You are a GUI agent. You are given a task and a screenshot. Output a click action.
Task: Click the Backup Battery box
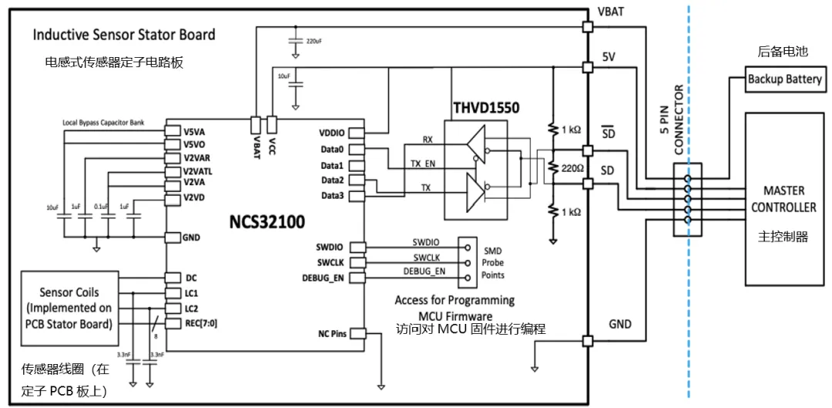pyautogui.click(x=783, y=80)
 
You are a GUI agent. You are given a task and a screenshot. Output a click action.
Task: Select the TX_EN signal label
pyautogui.click(x=422, y=164)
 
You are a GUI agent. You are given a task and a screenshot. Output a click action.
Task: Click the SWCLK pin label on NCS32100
pyautogui.click(x=333, y=262)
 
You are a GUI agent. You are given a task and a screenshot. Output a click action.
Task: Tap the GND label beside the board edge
pyautogui.click(x=621, y=325)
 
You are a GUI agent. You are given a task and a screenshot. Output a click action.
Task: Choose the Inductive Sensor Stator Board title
pyautogui.click(x=124, y=35)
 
